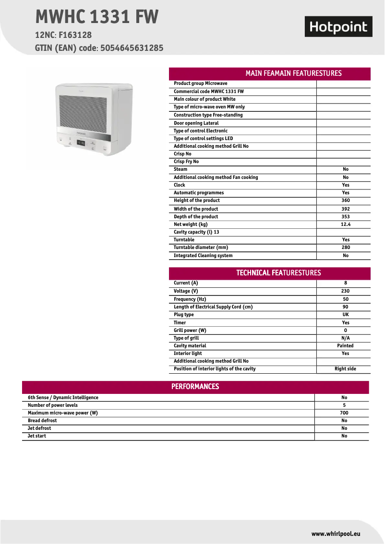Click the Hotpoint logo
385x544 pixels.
[338, 27]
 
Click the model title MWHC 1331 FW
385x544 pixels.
[97, 17]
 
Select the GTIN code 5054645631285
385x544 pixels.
[132, 48]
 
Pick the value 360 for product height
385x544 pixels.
[346, 201]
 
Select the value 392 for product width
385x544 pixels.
[346, 209]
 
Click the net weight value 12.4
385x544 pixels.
[346, 224]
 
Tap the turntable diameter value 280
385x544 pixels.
[346, 248]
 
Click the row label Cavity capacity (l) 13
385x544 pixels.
[196, 232]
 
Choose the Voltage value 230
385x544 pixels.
[346, 291]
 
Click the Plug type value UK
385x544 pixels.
[346, 315]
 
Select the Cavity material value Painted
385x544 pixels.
[345, 346]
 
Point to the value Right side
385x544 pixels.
[345, 369]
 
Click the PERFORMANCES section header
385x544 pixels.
[195, 387]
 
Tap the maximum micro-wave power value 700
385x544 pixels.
[344, 413]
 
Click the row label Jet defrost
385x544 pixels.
[39, 428]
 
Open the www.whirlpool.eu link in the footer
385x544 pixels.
[336, 533]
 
